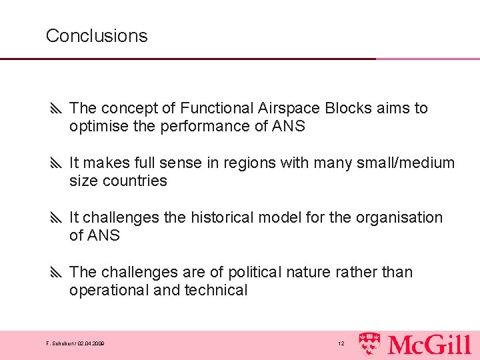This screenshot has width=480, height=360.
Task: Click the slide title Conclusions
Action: coord(97,35)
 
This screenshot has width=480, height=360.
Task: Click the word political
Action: coord(254,272)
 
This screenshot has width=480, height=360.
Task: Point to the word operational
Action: coord(106,291)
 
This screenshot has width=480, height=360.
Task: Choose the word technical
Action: coord(216,291)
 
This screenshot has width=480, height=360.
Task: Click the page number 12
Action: coord(341,344)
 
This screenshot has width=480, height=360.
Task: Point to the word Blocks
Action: coord(349,108)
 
